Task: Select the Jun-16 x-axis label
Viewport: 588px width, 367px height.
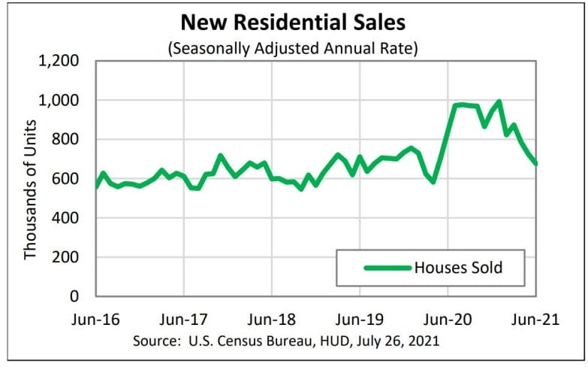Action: [x=96, y=318]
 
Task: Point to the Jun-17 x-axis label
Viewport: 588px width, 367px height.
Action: [x=184, y=318]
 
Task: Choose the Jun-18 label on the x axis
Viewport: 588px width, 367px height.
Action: [x=272, y=318]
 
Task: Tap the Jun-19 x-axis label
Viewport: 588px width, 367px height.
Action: [x=360, y=318]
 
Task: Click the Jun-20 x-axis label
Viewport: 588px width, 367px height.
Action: [x=448, y=318]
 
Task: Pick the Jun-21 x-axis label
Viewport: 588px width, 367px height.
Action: [x=535, y=318]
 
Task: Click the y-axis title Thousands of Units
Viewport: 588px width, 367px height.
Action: [x=31, y=179]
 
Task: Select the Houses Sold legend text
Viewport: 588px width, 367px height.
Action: [x=458, y=267]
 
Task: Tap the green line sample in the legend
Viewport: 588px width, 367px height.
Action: [x=387, y=267]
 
